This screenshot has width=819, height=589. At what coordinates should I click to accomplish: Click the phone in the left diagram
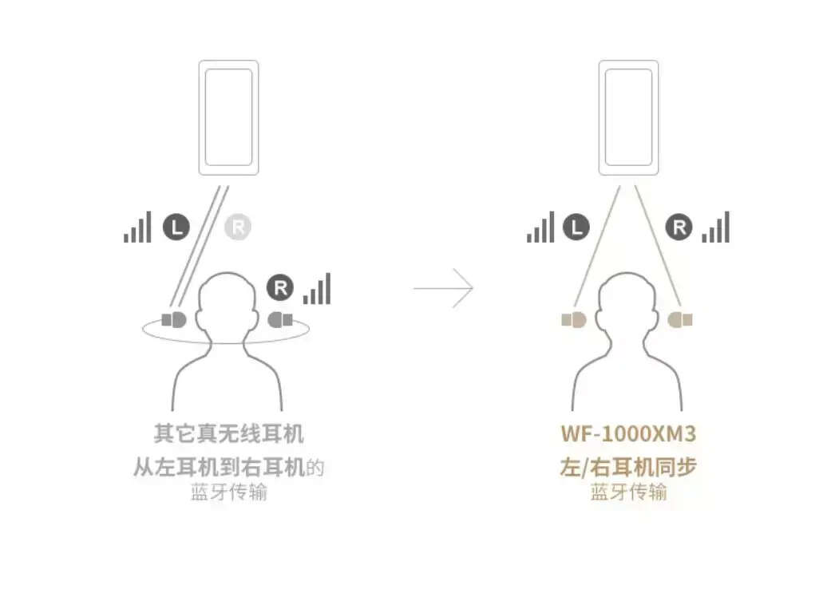point(228,117)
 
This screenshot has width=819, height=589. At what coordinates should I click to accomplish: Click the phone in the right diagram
point(628,117)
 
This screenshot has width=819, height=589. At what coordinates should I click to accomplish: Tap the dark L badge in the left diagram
point(176,227)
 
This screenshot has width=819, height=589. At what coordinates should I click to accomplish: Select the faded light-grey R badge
point(238,227)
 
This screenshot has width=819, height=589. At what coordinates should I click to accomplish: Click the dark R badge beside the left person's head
point(280,287)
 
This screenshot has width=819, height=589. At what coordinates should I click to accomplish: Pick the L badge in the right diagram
point(576,227)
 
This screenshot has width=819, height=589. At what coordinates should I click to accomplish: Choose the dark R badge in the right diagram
point(679,227)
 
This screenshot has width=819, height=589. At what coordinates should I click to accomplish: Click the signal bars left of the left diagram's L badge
point(137,227)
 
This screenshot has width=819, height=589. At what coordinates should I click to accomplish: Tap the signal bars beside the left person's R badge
point(317,288)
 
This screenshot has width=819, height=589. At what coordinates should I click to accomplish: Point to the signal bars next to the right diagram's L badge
point(540,227)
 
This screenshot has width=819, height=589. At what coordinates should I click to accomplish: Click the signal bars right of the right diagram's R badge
point(715,227)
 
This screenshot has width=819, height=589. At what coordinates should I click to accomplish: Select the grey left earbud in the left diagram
point(174,319)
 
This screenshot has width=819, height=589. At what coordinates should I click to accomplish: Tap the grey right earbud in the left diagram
point(280,319)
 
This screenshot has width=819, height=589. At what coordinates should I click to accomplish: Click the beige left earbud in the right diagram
point(574,319)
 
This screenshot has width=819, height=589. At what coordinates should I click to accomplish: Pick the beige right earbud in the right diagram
point(680,319)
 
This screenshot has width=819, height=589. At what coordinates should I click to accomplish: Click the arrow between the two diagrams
point(444,287)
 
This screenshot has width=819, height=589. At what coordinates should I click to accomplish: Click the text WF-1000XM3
point(628,434)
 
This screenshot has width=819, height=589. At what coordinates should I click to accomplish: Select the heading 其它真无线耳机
point(229,434)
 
